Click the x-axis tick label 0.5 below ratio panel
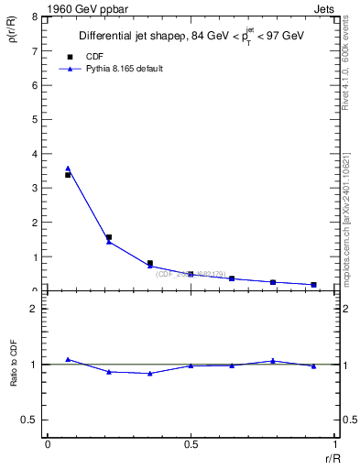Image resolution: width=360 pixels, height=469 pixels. (191, 444)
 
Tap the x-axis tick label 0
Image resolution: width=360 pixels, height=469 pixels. (48, 444)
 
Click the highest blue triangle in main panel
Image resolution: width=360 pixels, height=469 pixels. (68, 169)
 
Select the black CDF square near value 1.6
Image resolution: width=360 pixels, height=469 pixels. (109, 237)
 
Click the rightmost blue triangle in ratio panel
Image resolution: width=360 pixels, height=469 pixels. (313, 365)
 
